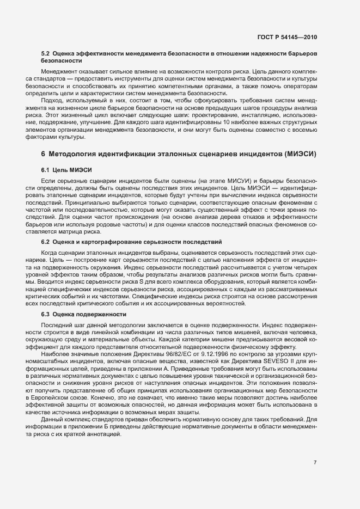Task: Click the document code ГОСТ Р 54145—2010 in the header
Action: pos(287,37)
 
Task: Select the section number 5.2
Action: pos(46,55)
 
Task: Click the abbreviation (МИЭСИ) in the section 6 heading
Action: pos(298,155)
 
